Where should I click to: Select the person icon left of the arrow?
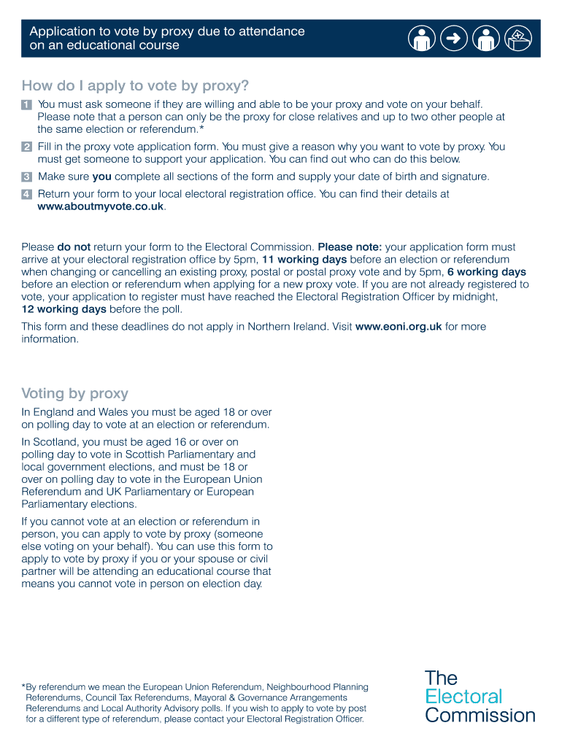422,39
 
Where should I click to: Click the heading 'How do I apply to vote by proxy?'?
136,86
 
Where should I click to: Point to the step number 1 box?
26,105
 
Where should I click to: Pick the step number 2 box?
26,147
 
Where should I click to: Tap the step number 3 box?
26,177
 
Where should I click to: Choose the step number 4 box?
26,194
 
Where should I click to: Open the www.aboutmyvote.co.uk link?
101,206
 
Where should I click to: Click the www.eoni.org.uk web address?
398,327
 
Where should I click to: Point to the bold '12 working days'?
63,309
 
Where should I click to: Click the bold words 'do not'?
74,247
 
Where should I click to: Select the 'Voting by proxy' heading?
75,394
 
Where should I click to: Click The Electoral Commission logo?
480,696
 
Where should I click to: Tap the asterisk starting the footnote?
23,687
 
